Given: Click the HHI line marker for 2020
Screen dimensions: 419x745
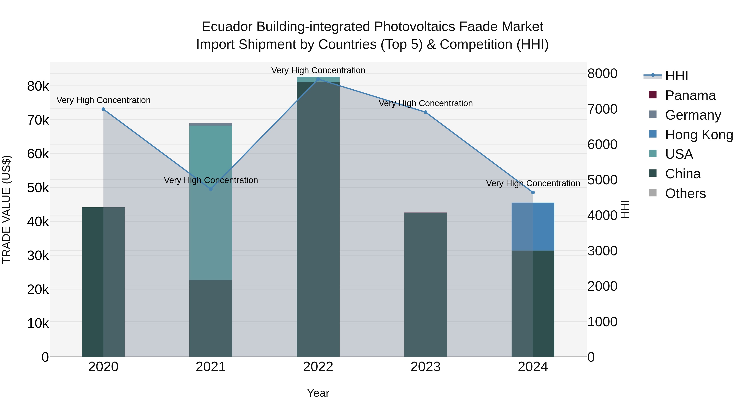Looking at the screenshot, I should click(x=103, y=109).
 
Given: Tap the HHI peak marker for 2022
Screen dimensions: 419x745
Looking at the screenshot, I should click(x=318, y=79).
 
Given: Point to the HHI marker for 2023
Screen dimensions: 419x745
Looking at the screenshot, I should click(x=425, y=112).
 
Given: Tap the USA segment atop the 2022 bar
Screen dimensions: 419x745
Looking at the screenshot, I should click(x=318, y=79).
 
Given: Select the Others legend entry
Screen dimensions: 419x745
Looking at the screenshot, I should click(x=685, y=193).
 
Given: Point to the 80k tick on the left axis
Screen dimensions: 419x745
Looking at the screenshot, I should click(x=38, y=86).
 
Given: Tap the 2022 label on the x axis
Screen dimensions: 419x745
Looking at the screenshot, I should click(x=318, y=367).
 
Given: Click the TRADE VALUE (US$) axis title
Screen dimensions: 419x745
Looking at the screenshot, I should click(x=7, y=209).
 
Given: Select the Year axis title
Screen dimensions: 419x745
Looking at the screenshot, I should click(x=318, y=393).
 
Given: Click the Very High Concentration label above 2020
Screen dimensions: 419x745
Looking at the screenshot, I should click(x=103, y=100).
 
